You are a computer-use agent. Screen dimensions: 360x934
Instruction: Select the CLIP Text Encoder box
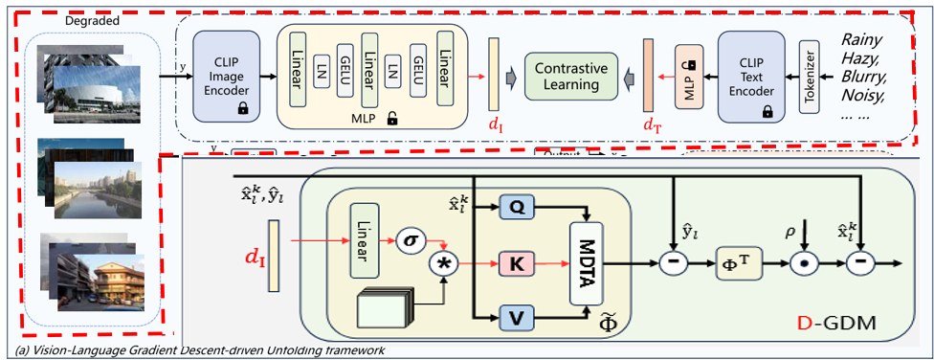point(751,76)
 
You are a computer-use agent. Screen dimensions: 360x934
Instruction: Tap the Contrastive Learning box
point(567,77)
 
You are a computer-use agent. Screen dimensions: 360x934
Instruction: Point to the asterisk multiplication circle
point(444,262)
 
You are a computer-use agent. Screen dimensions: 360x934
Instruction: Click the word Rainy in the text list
point(865,40)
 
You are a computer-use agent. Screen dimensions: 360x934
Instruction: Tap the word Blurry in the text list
point(867,76)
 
